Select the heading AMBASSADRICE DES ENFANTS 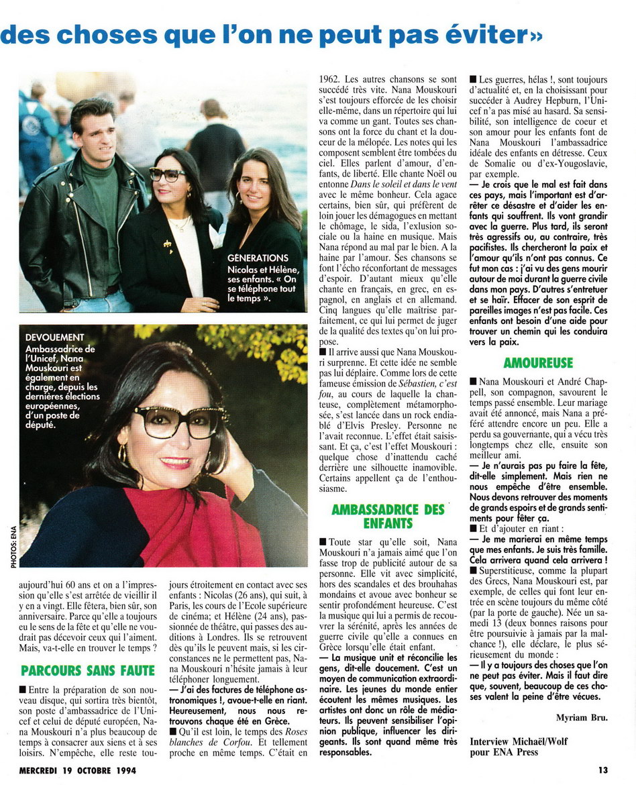tap(388, 517)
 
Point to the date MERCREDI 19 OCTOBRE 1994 tap(78, 770)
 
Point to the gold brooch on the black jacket tap(167, 242)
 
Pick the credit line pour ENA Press tap(504, 751)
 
